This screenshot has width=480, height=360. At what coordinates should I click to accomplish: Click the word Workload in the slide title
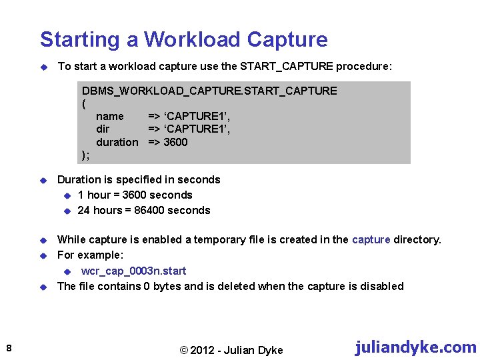(x=192, y=39)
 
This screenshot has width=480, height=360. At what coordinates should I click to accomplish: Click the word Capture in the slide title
(x=287, y=39)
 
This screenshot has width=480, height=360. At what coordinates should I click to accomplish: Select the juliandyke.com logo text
(x=415, y=347)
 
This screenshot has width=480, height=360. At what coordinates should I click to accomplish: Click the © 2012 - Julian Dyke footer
(x=231, y=350)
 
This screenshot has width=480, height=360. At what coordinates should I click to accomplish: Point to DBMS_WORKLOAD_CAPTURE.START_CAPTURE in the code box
(x=209, y=91)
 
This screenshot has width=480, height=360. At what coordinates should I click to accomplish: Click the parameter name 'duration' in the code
(x=117, y=142)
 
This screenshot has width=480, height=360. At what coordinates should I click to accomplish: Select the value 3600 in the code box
(x=175, y=142)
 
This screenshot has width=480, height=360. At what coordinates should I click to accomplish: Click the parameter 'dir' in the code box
(x=103, y=129)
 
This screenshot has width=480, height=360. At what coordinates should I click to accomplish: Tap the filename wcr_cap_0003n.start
(x=133, y=271)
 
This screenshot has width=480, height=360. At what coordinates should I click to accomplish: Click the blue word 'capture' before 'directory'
(x=371, y=239)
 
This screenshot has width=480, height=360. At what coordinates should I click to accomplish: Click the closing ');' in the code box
(x=85, y=155)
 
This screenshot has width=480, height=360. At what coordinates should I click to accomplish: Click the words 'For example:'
(x=91, y=255)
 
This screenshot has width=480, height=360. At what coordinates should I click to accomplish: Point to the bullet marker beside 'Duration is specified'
(x=41, y=180)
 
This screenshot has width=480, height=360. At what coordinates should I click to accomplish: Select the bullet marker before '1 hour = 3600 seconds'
(x=67, y=195)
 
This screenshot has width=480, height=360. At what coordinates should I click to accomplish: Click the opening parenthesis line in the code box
(x=84, y=103)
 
